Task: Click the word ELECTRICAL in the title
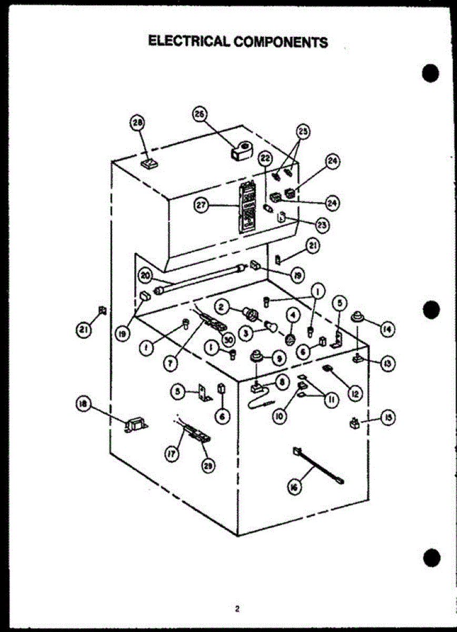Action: tap(188, 41)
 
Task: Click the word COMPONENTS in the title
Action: tap(281, 42)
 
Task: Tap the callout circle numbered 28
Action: tap(137, 123)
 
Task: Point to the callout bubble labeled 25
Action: tap(303, 131)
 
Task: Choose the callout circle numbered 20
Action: tap(145, 274)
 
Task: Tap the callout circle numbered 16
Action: tap(294, 488)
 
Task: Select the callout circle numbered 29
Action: tap(210, 466)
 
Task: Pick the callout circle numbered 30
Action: tap(229, 340)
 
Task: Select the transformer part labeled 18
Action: tap(135, 424)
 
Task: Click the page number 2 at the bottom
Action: tap(237, 609)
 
